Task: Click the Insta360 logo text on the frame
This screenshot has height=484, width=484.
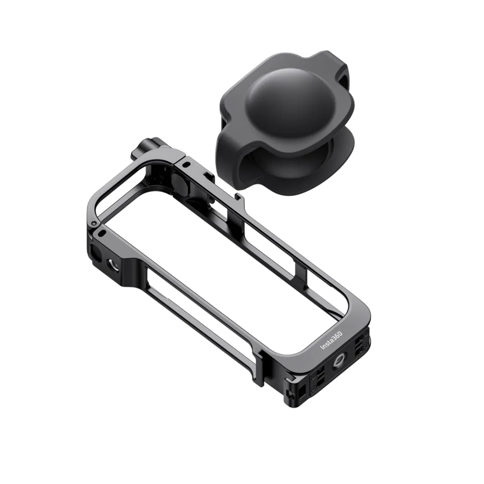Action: (x=332, y=341)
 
